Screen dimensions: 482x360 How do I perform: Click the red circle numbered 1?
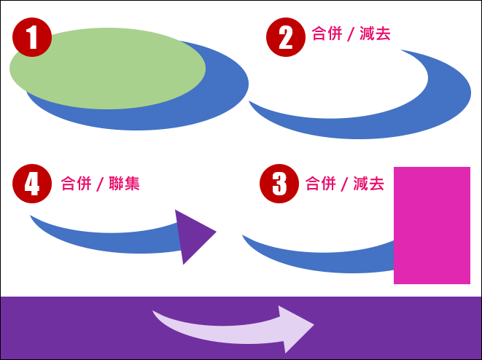(x=32, y=37)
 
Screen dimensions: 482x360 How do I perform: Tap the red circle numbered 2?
(x=286, y=37)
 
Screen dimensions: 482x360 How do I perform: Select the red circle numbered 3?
(x=279, y=184)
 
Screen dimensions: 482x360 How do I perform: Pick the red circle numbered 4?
(x=32, y=184)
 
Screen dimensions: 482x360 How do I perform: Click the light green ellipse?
(x=108, y=69)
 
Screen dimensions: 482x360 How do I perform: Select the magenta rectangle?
(x=432, y=225)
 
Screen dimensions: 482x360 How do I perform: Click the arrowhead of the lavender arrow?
(x=295, y=329)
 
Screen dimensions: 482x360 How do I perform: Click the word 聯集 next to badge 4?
(x=124, y=184)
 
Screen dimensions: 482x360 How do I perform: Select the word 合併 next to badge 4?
(x=76, y=184)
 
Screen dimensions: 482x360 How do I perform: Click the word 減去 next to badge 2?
(x=375, y=34)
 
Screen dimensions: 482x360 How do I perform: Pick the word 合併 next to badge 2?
(x=327, y=34)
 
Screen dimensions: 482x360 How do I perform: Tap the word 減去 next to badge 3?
(x=368, y=184)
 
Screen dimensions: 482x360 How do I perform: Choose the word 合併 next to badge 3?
(x=320, y=184)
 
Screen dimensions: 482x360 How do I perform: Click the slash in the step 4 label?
(x=100, y=184)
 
